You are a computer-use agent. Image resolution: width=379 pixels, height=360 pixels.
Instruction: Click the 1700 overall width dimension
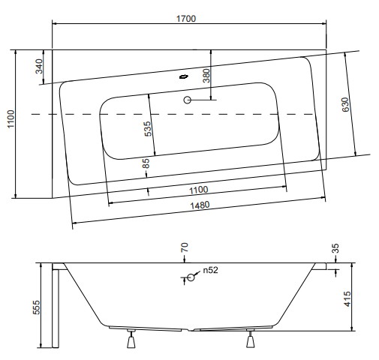coord(186,19)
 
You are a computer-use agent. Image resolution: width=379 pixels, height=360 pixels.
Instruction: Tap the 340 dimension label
coord(39,66)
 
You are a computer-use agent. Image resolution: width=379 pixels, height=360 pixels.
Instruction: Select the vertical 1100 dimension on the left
coord(11,118)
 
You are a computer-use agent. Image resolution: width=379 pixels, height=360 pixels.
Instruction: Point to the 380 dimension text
coord(206,76)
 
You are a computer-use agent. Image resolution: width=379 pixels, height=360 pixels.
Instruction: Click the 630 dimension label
coord(345,105)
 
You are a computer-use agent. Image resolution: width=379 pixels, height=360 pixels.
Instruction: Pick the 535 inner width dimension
coord(148,129)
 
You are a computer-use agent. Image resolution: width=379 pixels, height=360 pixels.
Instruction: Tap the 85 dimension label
coord(146,163)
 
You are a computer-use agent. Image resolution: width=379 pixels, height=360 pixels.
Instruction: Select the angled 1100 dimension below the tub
coord(198,190)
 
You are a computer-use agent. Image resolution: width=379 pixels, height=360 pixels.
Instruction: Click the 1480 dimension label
coord(200,205)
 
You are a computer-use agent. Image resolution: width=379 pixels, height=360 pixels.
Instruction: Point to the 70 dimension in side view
coord(185,247)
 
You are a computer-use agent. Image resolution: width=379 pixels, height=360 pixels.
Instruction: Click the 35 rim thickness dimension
coord(336,248)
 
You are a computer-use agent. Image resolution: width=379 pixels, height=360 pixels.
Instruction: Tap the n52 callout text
coord(210,270)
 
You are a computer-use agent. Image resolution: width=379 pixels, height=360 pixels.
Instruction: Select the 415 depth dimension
coord(347,299)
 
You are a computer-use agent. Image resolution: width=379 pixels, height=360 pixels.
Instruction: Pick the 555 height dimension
coord(37,307)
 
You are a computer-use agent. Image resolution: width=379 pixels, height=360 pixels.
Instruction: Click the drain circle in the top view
coord(188,100)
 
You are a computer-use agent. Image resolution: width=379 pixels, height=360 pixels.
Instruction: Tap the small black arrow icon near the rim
coord(184,76)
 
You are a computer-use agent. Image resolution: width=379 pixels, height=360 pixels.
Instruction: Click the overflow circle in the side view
coord(191,277)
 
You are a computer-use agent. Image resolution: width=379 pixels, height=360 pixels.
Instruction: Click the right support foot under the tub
coord(250,338)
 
